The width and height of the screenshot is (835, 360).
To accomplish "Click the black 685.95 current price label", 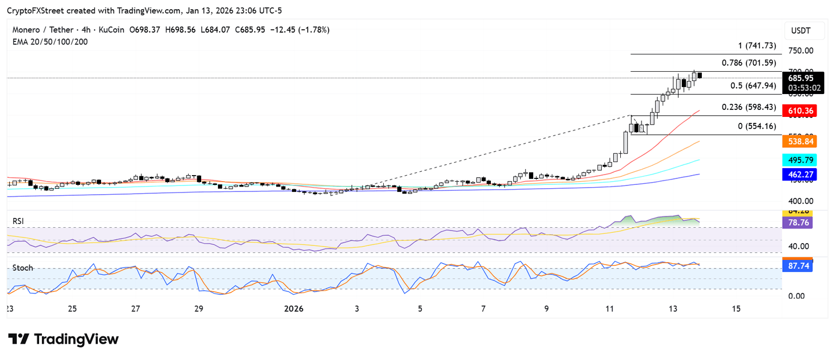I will pyautogui.click(x=802, y=78).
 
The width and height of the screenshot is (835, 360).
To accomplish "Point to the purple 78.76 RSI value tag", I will pyautogui.click(x=797, y=222).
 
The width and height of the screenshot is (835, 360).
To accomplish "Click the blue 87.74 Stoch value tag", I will pyautogui.click(x=797, y=266).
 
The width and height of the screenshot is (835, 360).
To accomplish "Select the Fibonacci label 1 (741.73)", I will pyautogui.click(x=753, y=46).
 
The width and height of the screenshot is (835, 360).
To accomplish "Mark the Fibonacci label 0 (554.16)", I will pyautogui.click(x=752, y=126).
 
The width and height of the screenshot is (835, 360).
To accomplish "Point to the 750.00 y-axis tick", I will pyautogui.click(x=801, y=51).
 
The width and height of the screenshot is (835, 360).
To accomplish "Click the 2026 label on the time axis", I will pyautogui.click(x=294, y=308).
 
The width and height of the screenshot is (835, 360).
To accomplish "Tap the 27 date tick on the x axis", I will pyautogui.click(x=135, y=308).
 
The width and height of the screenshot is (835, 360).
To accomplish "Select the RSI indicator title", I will pyautogui.click(x=18, y=221).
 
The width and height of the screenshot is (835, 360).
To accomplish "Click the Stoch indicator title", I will pyautogui.click(x=23, y=268).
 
